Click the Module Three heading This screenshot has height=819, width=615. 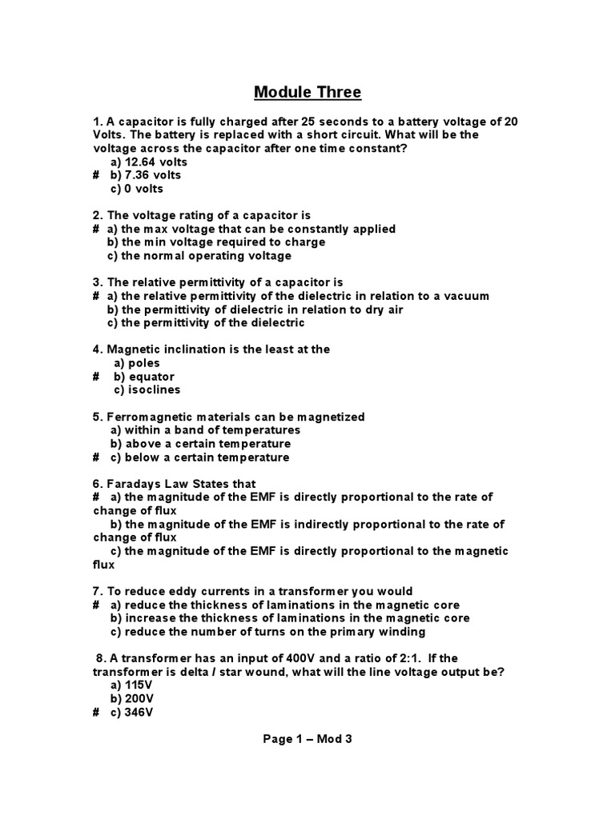(307, 93)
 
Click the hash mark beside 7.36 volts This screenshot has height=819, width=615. (96, 175)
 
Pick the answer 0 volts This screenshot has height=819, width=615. (137, 189)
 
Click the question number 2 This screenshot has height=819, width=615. (97, 215)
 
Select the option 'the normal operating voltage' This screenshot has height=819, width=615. (199, 256)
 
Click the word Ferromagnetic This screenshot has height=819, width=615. (150, 417)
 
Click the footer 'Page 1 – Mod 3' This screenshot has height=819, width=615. (307, 739)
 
